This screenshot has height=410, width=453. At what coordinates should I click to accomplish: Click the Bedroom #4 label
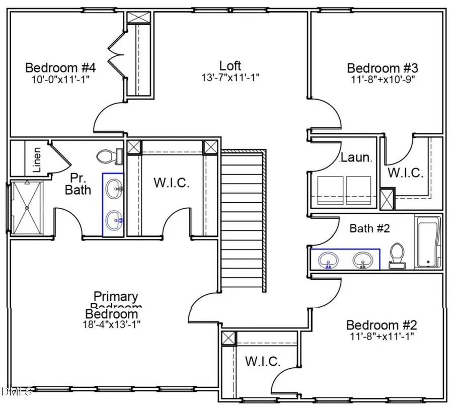pos(60,67)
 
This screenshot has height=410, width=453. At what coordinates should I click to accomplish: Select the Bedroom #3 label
pos(383,68)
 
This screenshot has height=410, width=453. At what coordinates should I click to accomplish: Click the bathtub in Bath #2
pos(428,241)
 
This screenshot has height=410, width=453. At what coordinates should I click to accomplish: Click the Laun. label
pos(356,157)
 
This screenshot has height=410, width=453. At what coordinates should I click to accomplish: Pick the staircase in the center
pos(243,219)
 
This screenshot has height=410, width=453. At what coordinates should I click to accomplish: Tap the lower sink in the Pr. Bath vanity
pos(115,219)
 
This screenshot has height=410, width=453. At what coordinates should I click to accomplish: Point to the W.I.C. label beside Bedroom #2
pos(263,361)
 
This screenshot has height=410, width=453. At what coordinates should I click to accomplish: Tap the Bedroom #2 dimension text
pos(381,336)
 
